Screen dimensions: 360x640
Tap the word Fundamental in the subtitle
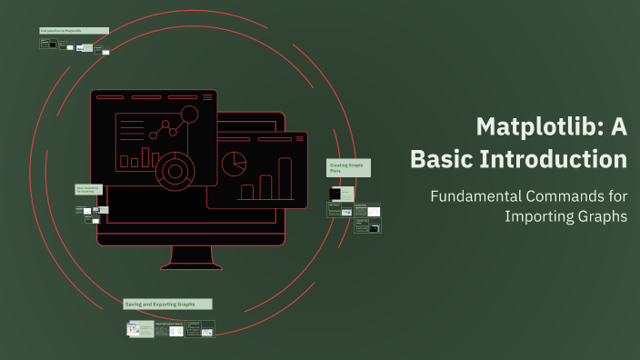[x=477, y=196]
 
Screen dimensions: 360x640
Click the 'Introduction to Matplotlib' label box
[x=74, y=31]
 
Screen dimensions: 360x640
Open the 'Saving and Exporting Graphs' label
[x=167, y=304]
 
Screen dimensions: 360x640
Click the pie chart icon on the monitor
[x=235, y=164]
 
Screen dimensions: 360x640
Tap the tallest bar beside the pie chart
[x=285, y=179]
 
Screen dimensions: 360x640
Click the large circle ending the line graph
[x=189, y=115]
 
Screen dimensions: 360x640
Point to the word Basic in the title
[x=440, y=159]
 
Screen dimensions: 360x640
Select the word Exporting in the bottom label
[x=168, y=304]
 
